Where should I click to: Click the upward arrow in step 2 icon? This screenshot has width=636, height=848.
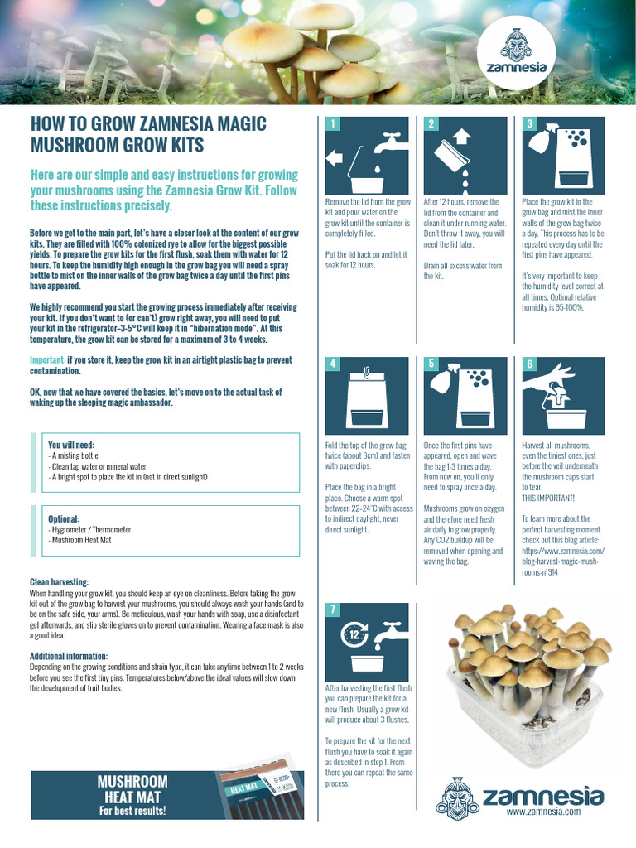click(462, 135)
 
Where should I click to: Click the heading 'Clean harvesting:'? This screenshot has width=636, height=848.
click(59, 582)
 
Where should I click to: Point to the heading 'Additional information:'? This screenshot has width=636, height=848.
click(70, 656)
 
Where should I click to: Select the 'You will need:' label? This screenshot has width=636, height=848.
click(71, 445)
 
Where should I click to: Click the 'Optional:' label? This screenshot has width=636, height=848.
click(64, 518)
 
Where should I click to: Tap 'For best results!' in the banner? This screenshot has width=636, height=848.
click(132, 811)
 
